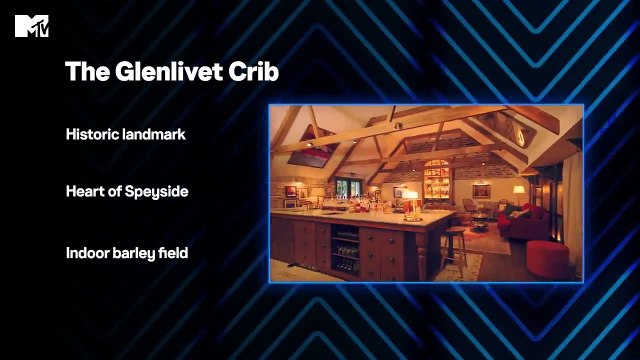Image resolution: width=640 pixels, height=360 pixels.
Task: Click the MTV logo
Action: (32, 26)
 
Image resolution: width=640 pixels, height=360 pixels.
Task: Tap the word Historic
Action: (91, 133)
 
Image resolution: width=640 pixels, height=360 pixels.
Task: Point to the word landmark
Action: (153, 133)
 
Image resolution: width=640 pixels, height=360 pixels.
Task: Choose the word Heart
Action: (86, 190)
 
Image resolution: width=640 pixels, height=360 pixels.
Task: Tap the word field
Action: (175, 253)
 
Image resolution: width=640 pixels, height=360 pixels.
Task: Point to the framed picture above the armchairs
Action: (482, 189)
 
